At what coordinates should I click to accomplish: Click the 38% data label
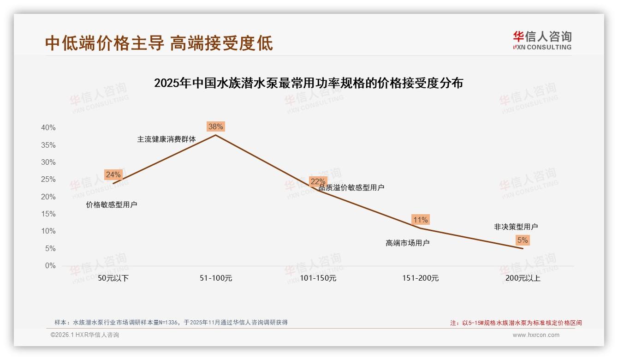pyautogui.click(x=215, y=126)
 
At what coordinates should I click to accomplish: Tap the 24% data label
pyautogui.click(x=113, y=174)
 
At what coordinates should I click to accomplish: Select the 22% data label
pyautogui.click(x=318, y=181)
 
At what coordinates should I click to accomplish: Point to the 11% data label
pyautogui.click(x=421, y=220)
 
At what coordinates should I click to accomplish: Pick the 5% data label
pyautogui.click(x=523, y=240)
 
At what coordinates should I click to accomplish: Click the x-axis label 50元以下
pyautogui.click(x=113, y=278)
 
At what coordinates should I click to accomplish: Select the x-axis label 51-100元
pyautogui.click(x=216, y=278)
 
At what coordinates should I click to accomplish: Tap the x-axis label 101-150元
pyautogui.click(x=318, y=278)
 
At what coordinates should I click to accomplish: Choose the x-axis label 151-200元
pyautogui.click(x=421, y=278)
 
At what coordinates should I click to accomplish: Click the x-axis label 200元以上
pyautogui.click(x=523, y=278)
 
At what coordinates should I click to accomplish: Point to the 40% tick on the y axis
pyautogui.click(x=48, y=128)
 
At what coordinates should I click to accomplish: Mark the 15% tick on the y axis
pyautogui.click(x=48, y=214)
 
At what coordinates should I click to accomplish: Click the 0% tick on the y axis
pyautogui.click(x=50, y=266)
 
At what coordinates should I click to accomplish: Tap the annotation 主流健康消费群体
pyautogui.click(x=166, y=139)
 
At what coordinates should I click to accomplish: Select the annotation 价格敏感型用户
pyautogui.click(x=112, y=204)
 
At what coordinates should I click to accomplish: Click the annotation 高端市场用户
pyautogui.click(x=408, y=243)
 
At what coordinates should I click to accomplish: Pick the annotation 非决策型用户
pyautogui.click(x=516, y=227)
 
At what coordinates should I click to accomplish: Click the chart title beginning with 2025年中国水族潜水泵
pyautogui.click(x=309, y=83)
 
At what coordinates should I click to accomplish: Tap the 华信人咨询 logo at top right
pyautogui.click(x=542, y=40)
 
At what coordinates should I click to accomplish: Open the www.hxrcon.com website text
pyautogui.click(x=536, y=335)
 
